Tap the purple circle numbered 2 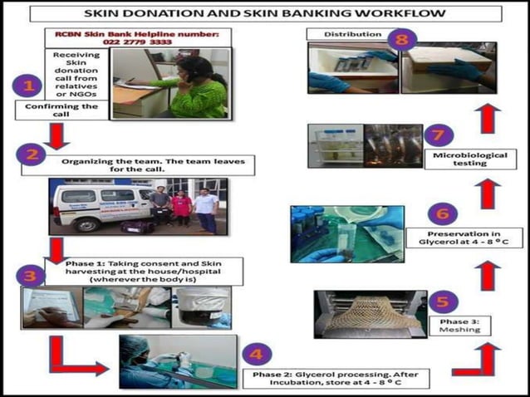pyautogui.click(x=32, y=155)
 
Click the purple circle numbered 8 pyautogui.click(x=403, y=39)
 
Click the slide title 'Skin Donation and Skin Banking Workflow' pyautogui.click(x=264, y=14)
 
